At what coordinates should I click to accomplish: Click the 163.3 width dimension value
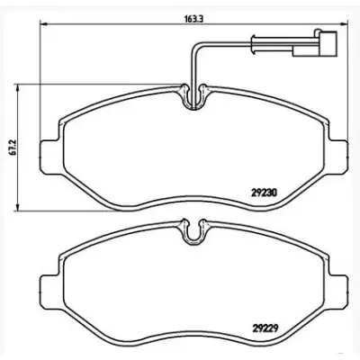[193, 19]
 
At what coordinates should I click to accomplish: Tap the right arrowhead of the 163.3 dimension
[344, 24]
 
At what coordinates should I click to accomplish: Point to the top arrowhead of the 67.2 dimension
[19, 88]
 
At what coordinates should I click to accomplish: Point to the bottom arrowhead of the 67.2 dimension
[19, 206]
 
